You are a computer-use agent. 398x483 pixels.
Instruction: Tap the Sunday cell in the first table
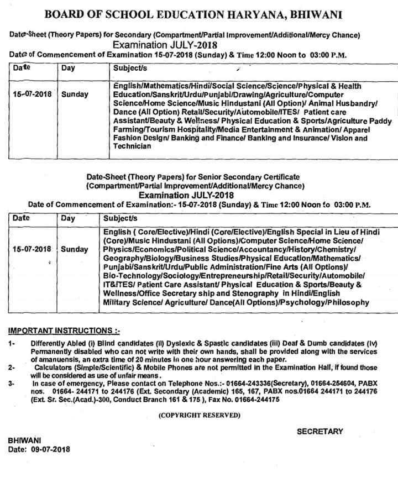[75, 95]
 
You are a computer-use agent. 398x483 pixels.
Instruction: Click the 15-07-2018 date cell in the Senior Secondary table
[32, 249]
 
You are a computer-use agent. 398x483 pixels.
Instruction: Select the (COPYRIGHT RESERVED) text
[199, 414]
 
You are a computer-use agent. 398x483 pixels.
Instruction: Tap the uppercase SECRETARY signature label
[320, 432]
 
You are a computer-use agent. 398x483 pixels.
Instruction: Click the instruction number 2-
[12, 367]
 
